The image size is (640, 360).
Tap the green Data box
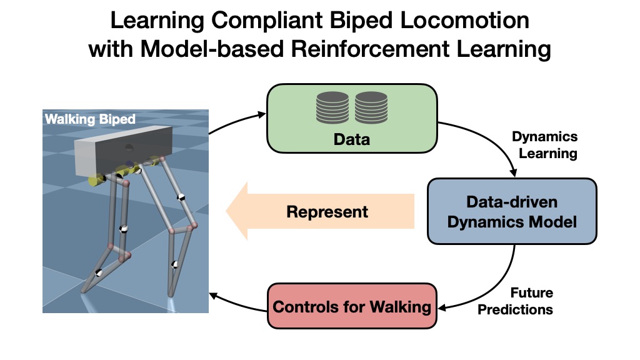point(352,119)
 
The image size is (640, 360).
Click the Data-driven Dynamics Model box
point(512,211)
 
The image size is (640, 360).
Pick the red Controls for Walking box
point(352,306)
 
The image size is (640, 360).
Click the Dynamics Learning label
point(544,145)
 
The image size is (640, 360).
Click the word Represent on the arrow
point(327,211)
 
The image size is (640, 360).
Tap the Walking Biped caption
point(90,119)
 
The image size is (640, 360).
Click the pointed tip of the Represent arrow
point(229,211)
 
